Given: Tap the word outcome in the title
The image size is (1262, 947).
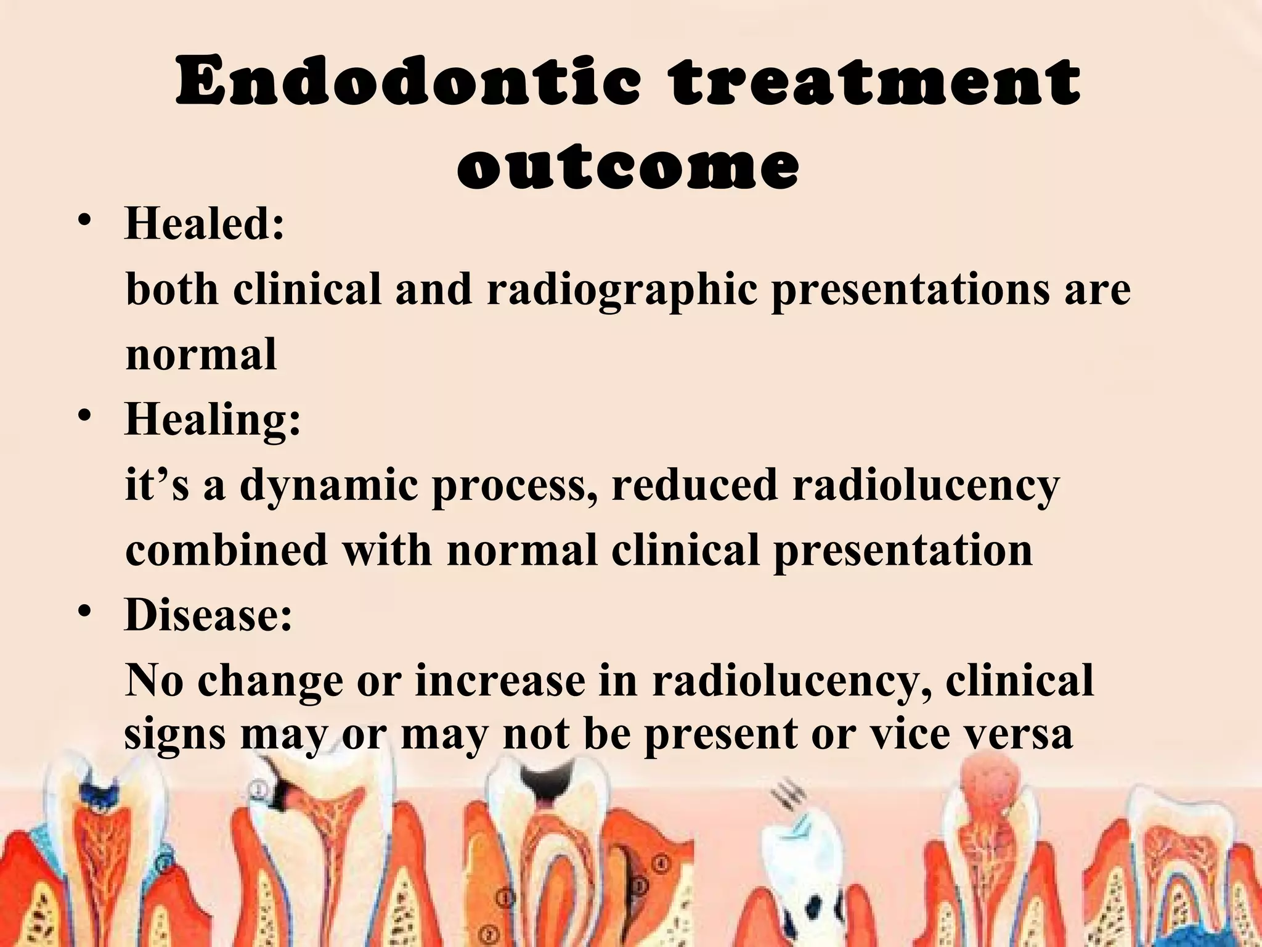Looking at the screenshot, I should tap(628, 165).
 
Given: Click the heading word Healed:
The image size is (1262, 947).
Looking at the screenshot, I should tap(205, 223).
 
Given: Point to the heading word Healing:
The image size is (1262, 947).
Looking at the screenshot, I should tap(213, 419).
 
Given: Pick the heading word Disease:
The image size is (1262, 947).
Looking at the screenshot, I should tap(208, 615).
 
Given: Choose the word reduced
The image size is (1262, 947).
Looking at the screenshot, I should tap(694, 485).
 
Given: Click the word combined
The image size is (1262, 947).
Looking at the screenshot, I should tap(226, 550).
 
